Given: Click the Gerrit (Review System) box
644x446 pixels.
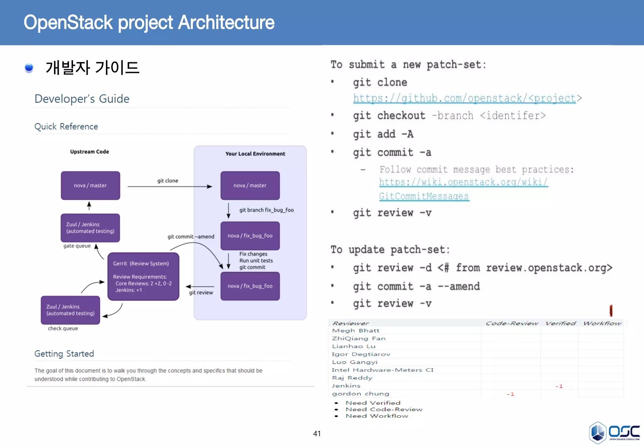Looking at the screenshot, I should coord(143,276).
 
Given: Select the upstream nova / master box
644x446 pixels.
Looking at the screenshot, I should coord(90,186).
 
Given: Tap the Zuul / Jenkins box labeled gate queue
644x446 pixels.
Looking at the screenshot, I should coord(90,228).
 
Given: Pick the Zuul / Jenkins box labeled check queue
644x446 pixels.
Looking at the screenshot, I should coord(70,310).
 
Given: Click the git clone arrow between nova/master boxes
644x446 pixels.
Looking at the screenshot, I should coord(170,187).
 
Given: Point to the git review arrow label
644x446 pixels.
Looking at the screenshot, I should coord(201,293).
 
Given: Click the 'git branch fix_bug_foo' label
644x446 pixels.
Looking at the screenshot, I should coord(266,210).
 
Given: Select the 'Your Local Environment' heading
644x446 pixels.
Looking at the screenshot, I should coord(255,154).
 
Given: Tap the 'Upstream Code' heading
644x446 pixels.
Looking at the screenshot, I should coord(90,152).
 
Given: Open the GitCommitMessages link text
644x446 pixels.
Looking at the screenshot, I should coord(424,196).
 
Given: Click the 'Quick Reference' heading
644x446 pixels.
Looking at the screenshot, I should coord(66,126).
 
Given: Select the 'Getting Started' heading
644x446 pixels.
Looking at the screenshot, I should coord(64,354).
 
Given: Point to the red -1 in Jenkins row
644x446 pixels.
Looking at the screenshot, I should coord(559,386).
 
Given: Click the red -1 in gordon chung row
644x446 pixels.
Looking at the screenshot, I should coord(510,394).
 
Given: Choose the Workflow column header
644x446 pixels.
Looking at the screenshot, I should coord(602,323).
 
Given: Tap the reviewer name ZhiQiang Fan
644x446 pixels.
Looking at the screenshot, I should coord(359,338).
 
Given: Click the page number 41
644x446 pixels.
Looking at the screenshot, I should coord(317,434).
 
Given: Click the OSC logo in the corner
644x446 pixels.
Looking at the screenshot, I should coord(614,432).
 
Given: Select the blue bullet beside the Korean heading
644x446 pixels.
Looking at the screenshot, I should coord(29,68).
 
